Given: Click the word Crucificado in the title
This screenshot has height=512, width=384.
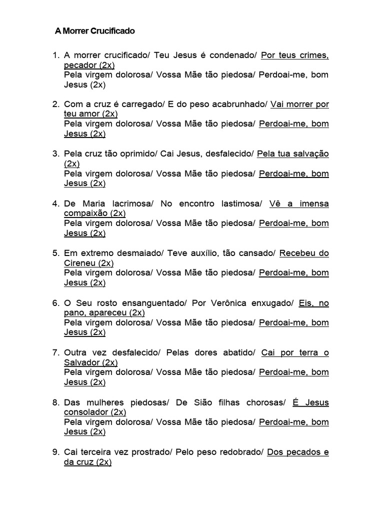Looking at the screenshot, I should [x=113, y=31].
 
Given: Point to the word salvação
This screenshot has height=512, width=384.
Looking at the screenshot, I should [x=311, y=154].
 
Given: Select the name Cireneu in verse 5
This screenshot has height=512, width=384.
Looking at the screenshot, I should [x=80, y=263].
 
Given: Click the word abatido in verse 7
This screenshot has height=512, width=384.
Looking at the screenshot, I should [x=238, y=352].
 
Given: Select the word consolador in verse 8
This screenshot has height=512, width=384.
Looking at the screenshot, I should [x=86, y=412].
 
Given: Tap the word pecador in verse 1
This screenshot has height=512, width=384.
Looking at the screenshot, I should [x=80, y=65].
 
